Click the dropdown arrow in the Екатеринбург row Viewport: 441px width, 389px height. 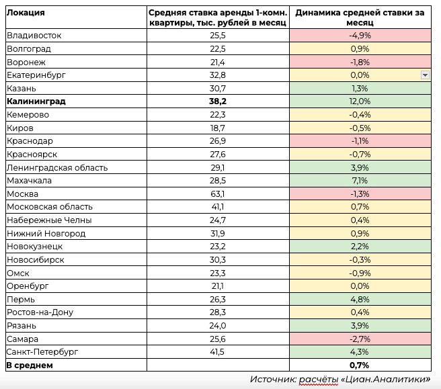425,75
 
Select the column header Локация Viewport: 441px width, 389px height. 26,13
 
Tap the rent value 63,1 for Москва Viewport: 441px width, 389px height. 218,194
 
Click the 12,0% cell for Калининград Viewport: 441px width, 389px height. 360,101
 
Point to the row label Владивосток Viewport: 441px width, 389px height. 34,36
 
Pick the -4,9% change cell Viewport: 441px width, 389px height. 360,36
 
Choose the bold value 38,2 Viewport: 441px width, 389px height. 218,101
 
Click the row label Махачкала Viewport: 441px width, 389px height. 30,181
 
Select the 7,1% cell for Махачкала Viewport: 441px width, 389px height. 360,181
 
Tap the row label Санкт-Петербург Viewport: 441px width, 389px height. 42,352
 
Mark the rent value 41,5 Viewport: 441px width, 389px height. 217,352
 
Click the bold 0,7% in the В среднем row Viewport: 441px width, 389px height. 360,365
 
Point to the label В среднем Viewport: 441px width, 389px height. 30,365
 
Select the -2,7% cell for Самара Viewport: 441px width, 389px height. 360,339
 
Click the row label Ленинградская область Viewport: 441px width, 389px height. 57,168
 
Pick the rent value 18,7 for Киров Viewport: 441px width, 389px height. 218,128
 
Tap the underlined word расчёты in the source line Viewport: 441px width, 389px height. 319,380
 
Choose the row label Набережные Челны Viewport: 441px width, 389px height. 49,220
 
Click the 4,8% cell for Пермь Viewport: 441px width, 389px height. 360,300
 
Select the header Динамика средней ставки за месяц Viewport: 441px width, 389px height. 360,17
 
